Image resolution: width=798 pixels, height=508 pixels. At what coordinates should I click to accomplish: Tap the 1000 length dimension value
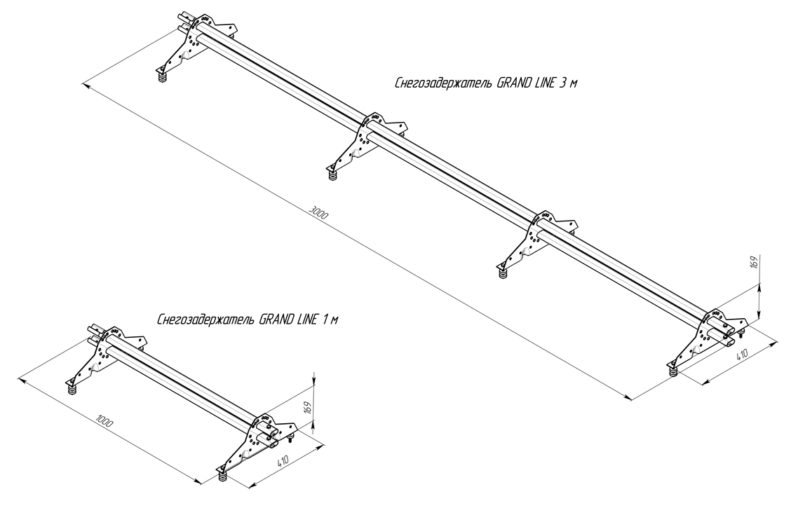coord(105,422)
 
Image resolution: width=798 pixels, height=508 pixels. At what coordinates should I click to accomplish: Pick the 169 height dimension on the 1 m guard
coord(307,407)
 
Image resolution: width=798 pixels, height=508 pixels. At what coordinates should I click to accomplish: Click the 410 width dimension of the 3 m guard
coord(741,355)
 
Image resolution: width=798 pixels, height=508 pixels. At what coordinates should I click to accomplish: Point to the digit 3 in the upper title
coord(563,83)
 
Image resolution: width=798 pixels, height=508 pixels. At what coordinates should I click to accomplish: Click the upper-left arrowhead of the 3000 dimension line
coord(85,84)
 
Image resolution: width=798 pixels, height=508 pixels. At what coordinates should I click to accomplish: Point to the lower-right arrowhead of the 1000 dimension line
coord(199,481)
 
